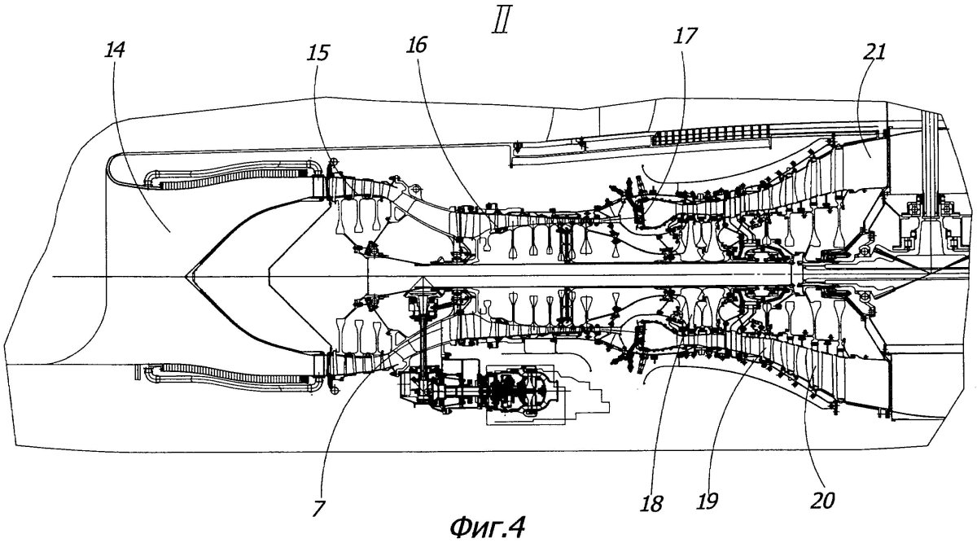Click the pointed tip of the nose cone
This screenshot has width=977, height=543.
[x=187, y=278]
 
